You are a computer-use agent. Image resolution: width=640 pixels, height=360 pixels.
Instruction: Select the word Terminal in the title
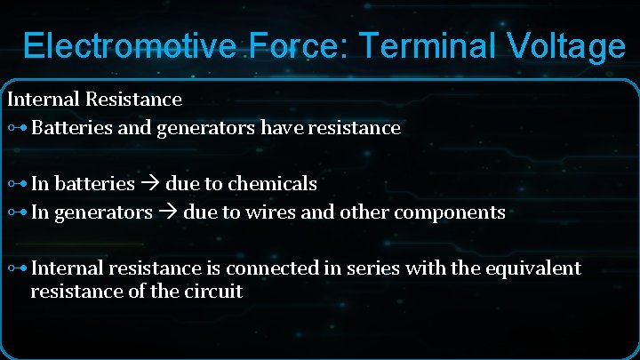point(411,46)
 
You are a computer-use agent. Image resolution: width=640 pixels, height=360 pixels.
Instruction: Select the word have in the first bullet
point(282,128)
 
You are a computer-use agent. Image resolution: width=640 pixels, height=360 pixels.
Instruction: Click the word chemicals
point(272,184)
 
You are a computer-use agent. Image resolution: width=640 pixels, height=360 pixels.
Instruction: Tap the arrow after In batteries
point(150,184)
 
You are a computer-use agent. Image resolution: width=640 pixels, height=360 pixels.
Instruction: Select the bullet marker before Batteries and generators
point(17,128)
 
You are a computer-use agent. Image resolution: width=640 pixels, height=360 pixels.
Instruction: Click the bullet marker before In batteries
point(17,184)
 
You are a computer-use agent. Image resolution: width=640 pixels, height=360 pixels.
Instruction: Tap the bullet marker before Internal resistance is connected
point(17,268)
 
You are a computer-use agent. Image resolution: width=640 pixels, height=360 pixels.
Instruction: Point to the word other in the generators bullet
point(362,212)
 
